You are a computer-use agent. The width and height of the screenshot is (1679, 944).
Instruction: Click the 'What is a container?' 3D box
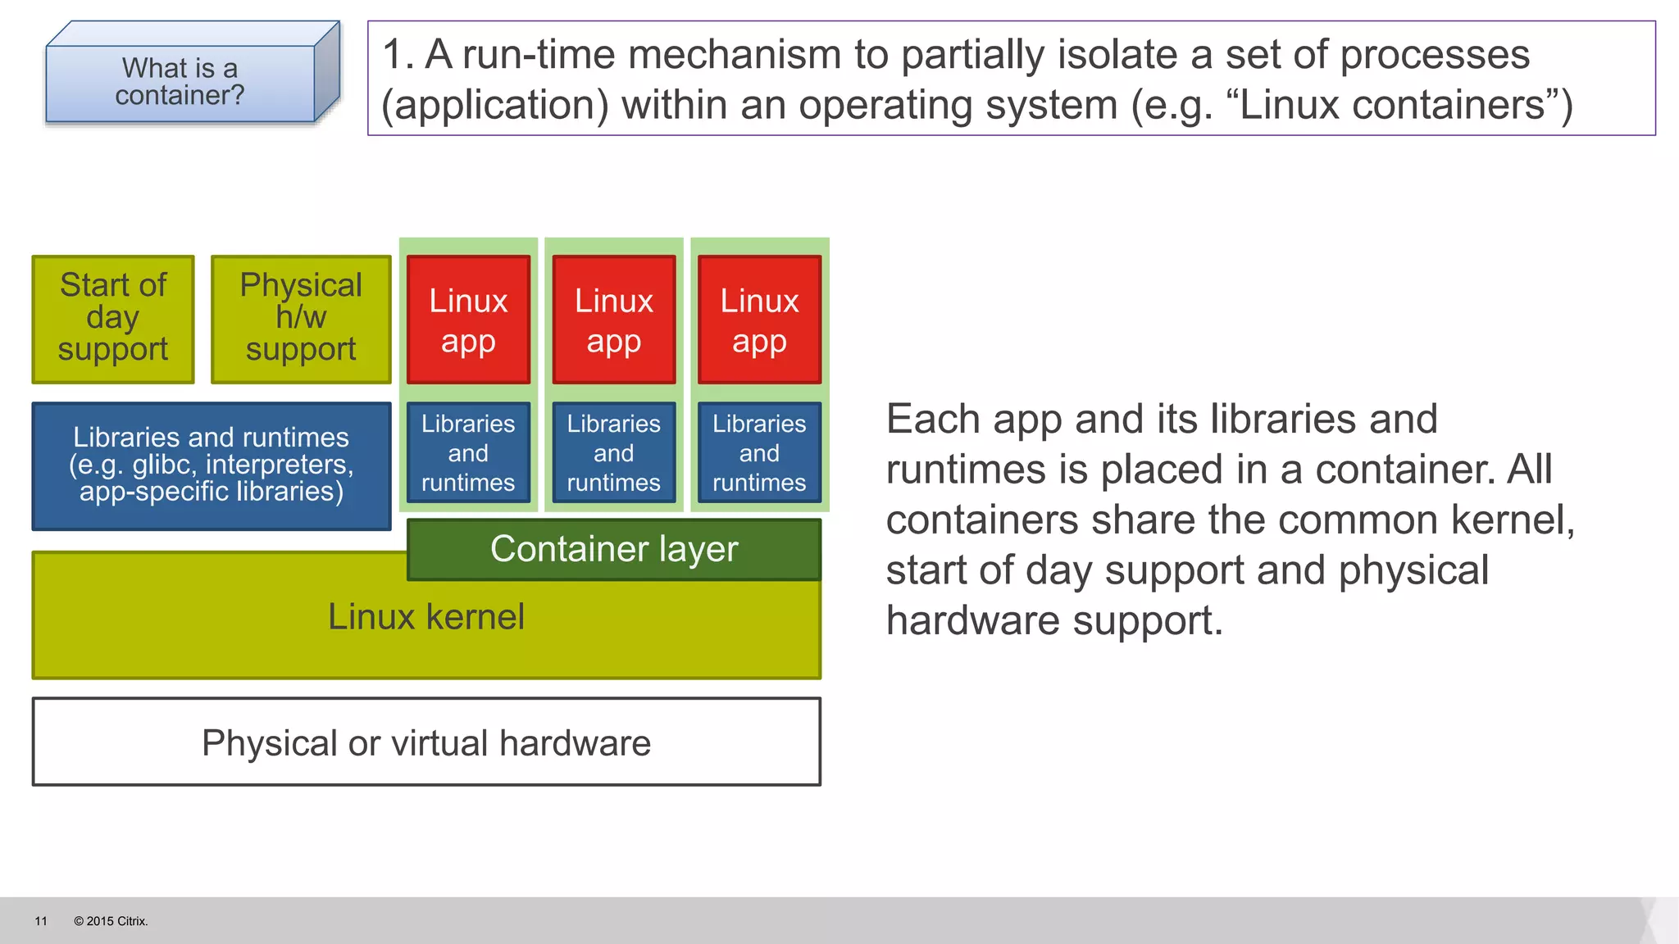180,82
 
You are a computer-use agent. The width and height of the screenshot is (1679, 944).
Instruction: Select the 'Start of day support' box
113,319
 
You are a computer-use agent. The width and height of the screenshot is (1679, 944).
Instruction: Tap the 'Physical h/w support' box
301,319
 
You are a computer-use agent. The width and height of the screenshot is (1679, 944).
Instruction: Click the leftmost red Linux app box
468,320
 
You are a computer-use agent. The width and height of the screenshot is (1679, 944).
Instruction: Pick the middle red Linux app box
614,320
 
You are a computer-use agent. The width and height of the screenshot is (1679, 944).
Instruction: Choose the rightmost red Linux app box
759,320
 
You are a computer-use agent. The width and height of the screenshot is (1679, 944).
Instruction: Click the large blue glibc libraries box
212,465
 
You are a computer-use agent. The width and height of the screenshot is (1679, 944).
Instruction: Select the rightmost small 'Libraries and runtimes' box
759,452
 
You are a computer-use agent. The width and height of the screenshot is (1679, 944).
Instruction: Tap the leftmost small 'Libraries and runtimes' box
468,452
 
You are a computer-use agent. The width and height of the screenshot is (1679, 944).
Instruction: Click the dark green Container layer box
614,549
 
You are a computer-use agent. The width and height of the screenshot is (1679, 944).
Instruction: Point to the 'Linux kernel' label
426,617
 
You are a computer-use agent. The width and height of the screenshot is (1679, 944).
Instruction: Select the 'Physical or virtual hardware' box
426,742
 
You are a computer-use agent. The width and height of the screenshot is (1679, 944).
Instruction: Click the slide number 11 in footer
41,921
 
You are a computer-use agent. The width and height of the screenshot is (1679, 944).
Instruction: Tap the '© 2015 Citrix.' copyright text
111,921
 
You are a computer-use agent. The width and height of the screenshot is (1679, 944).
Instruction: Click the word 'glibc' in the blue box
164,465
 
